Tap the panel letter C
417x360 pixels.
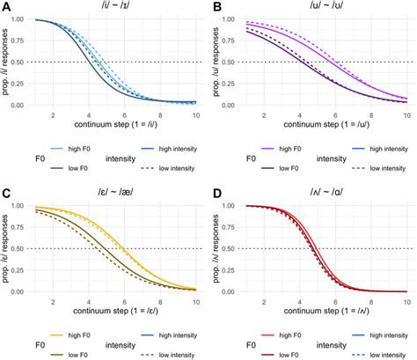click(x=6, y=187)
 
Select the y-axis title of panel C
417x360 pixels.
click(x=7, y=249)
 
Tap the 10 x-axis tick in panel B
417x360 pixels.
click(x=406, y=116)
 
